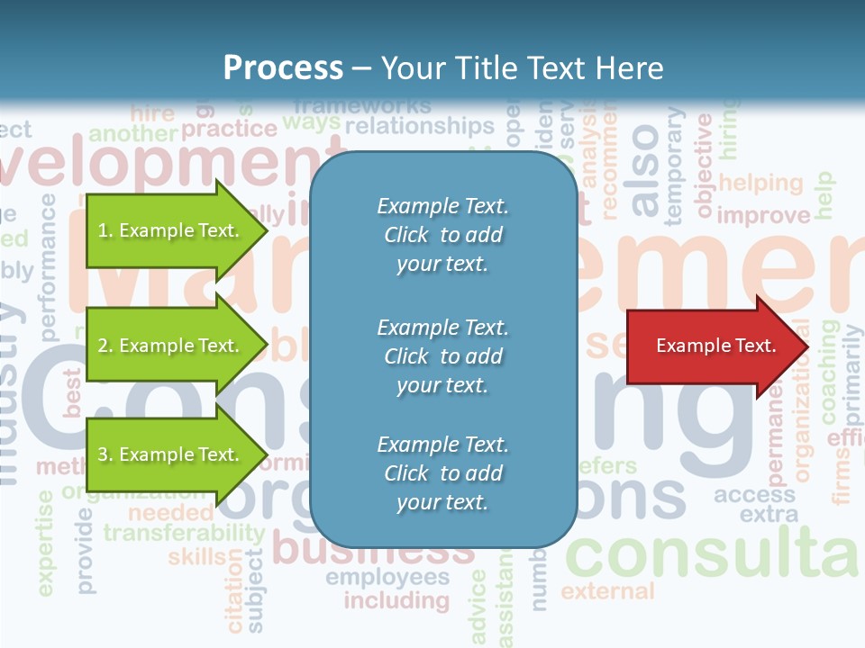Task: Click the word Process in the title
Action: point(283,68)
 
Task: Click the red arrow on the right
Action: point(712,346)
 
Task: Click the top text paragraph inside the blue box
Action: point(442,235)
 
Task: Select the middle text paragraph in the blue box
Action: point(442,356)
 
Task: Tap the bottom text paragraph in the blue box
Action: point(442,473)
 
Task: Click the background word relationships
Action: point(420,126)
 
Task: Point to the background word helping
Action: point(760,183)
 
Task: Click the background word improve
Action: point(763,215)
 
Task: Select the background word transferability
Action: point(184,533)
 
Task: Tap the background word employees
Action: point(387,577)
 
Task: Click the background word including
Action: point(396,600)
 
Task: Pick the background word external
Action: point(607,591)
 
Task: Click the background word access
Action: point(755,495)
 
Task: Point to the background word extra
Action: point(769,515)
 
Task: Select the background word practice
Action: point(229,129)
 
